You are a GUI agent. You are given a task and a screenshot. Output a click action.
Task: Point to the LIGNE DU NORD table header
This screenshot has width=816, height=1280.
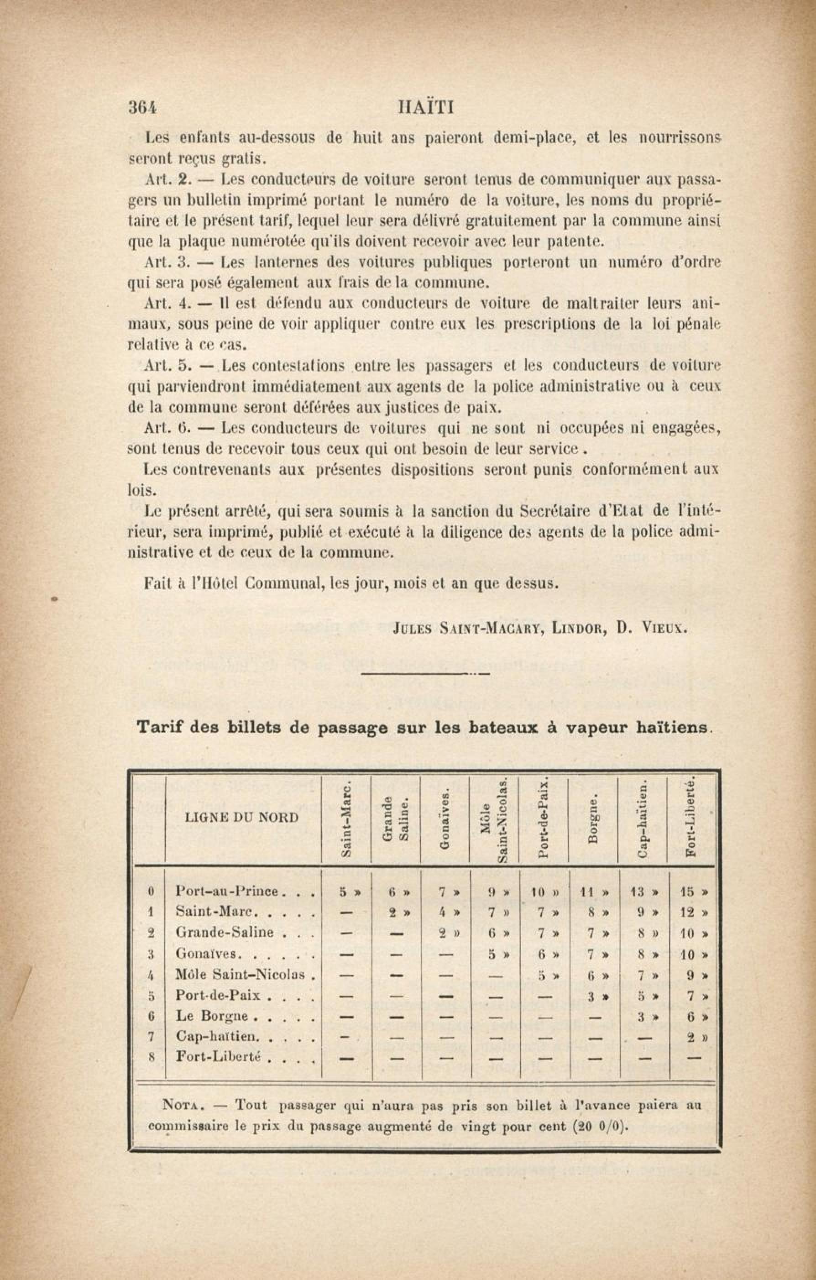(242, 817)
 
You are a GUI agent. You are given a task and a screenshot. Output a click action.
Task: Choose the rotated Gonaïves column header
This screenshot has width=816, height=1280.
(446, 819)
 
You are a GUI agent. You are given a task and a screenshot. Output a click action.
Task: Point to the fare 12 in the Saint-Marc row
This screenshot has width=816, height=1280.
(687, 913)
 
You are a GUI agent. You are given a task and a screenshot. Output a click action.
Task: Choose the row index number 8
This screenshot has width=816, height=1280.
(151, 1058)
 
